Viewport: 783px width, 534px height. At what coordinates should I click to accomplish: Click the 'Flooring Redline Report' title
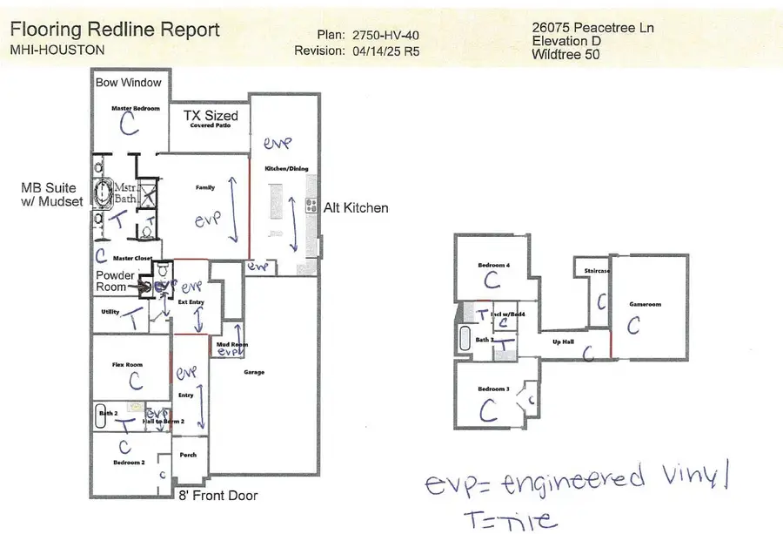(115, 29)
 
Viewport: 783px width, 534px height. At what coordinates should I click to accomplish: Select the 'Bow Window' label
(129, 83)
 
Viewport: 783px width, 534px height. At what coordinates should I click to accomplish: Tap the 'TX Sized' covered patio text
(210, 115)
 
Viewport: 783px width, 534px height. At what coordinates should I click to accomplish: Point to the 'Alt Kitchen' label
(356, 208)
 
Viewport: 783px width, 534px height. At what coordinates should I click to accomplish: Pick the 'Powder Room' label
(116, 281)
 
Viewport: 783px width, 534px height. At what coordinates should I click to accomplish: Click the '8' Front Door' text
(217, 497)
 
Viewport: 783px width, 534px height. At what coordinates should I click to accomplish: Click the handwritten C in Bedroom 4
(492, 281)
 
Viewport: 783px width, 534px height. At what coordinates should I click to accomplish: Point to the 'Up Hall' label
(563, 341)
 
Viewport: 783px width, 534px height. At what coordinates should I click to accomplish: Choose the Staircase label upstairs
(597, 271)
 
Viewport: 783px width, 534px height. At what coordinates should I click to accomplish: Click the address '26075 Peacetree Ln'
(592, 28)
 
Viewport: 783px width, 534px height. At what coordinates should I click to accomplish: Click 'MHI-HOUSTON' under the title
(57, 50)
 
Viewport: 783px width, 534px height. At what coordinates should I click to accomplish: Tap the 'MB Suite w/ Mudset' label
(52, 194)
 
